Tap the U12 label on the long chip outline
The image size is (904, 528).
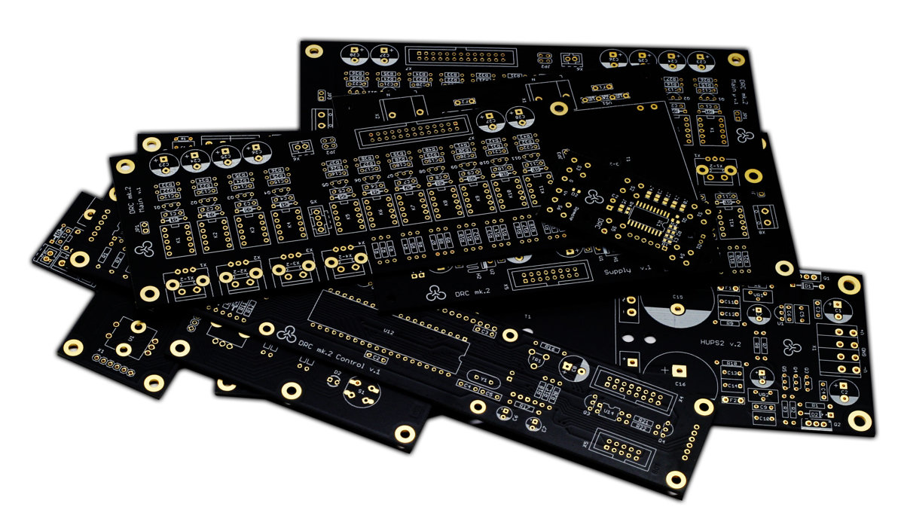tap(389, 331)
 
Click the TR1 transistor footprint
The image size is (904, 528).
tap(538, 361)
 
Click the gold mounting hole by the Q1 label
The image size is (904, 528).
tap(849, 285)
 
